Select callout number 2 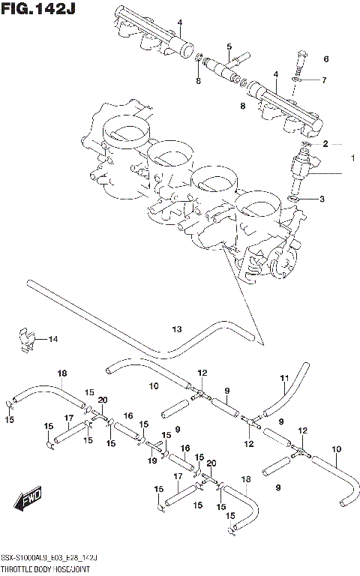325,143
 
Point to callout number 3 322,199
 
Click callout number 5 229,46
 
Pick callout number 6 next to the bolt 326,58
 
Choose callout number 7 324,79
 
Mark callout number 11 284,376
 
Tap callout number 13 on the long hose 176,328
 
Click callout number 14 52,340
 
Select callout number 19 152,461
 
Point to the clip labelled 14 25,340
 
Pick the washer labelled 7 298,79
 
